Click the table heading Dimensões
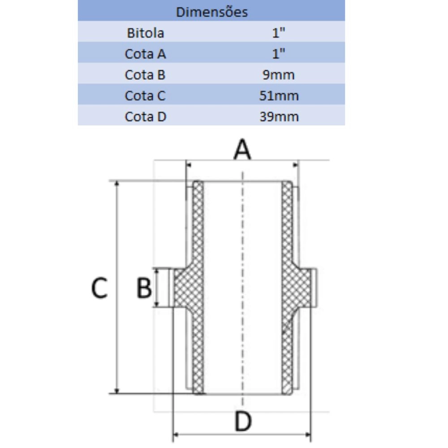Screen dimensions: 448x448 [x=212, y=12]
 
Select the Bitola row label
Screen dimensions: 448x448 [x=146, y=33]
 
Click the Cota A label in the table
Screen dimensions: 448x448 [x=146, y=54]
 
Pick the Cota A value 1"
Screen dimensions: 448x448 [x=279, y=53]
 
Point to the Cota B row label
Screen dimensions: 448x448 [x=145, y=74]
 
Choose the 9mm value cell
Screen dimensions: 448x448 [x=279, y=75]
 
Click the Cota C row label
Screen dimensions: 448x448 [x=145, y=95]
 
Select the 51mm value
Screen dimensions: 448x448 [x=279, y=96]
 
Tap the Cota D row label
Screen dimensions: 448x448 [x=146, y=116]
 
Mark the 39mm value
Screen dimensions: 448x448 [x=279, y=116]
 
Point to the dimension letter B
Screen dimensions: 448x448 [x=144, y=288]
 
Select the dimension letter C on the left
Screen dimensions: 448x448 [x=99, y=288]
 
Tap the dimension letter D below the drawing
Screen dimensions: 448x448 [x=243, y=421]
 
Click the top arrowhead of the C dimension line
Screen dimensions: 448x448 [x=116, y=184]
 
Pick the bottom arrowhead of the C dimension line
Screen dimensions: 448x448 [x=116, y=391]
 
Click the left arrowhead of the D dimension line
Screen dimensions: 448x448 [x=176, y=435]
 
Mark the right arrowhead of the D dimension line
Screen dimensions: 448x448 [x=308, y=435]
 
